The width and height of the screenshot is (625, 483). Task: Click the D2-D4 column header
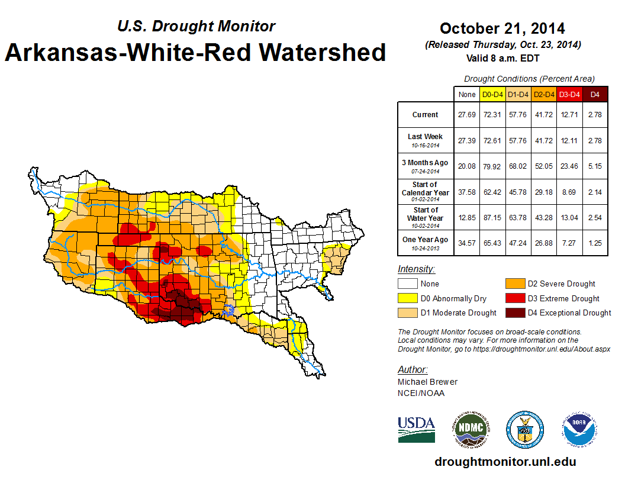(543, 94)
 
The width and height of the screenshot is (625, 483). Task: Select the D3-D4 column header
(569, 94)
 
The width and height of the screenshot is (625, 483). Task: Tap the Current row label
(426, 115)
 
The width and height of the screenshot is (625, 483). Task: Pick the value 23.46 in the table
(569, 166)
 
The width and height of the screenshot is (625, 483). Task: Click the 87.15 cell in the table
(492, 218)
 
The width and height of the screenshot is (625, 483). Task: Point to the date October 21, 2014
(502, 28)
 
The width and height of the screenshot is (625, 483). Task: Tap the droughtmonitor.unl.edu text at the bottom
(505, 462)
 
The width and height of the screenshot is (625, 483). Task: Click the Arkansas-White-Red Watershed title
(195, 53)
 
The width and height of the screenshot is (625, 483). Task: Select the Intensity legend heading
(416, 269)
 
